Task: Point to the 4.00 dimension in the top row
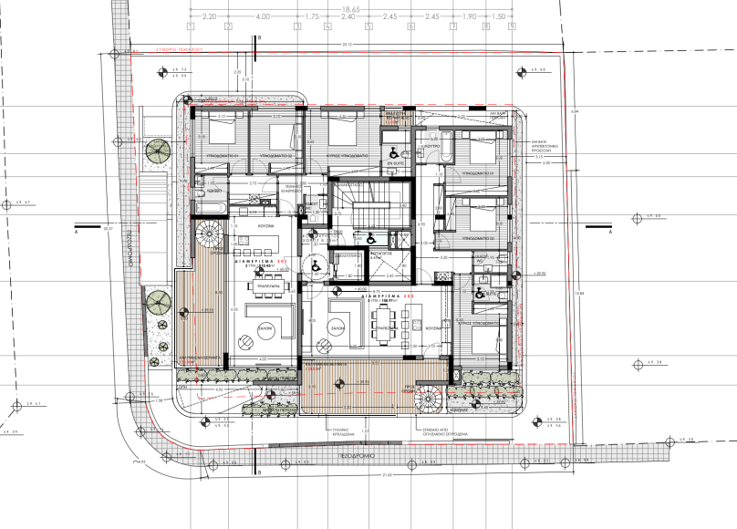coord(263,16)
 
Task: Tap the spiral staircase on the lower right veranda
coord(427,397)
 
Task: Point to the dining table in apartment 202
coord(389,324)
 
